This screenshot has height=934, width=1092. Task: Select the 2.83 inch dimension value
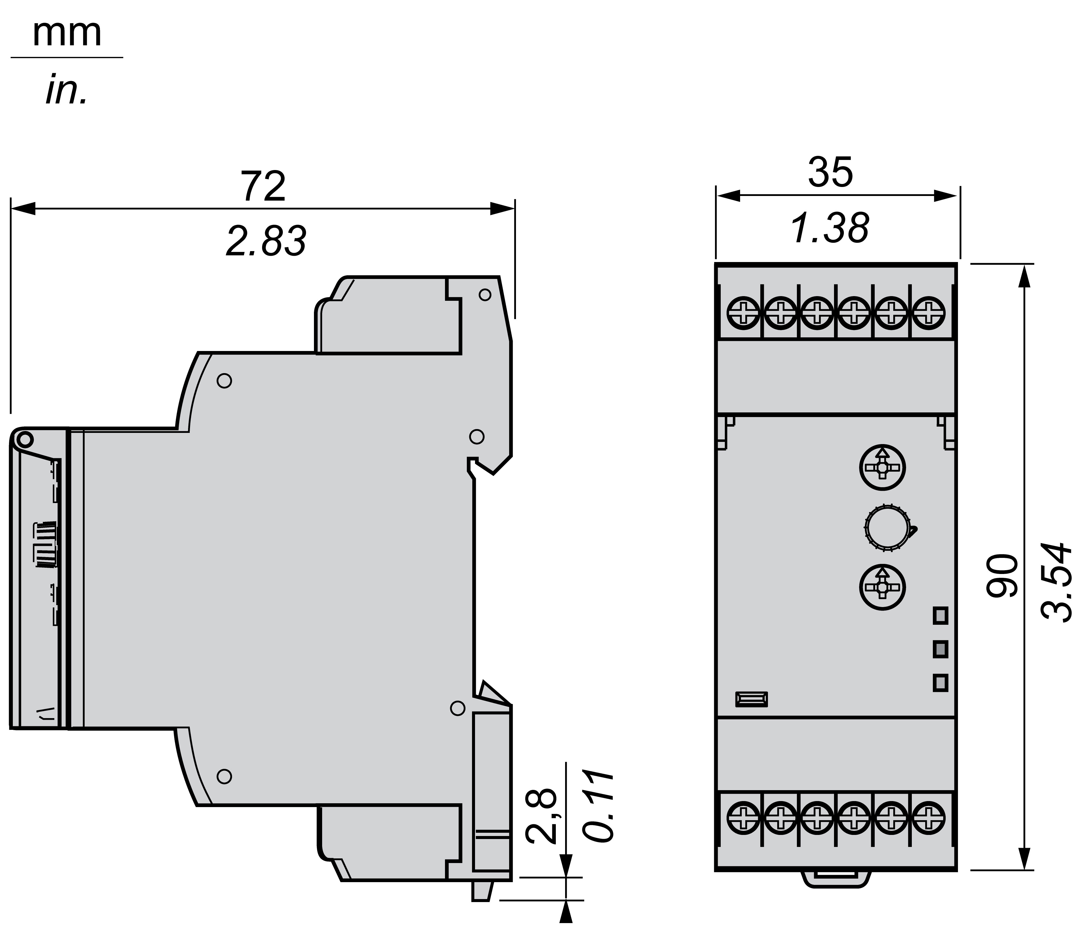pos(266,241)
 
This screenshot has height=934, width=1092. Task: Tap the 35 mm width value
pos(830,172)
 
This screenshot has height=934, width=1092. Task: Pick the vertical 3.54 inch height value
pos(1057,582)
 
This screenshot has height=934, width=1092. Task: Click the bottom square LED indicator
pos(940,683)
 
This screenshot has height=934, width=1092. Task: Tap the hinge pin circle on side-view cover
pos(24,439)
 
